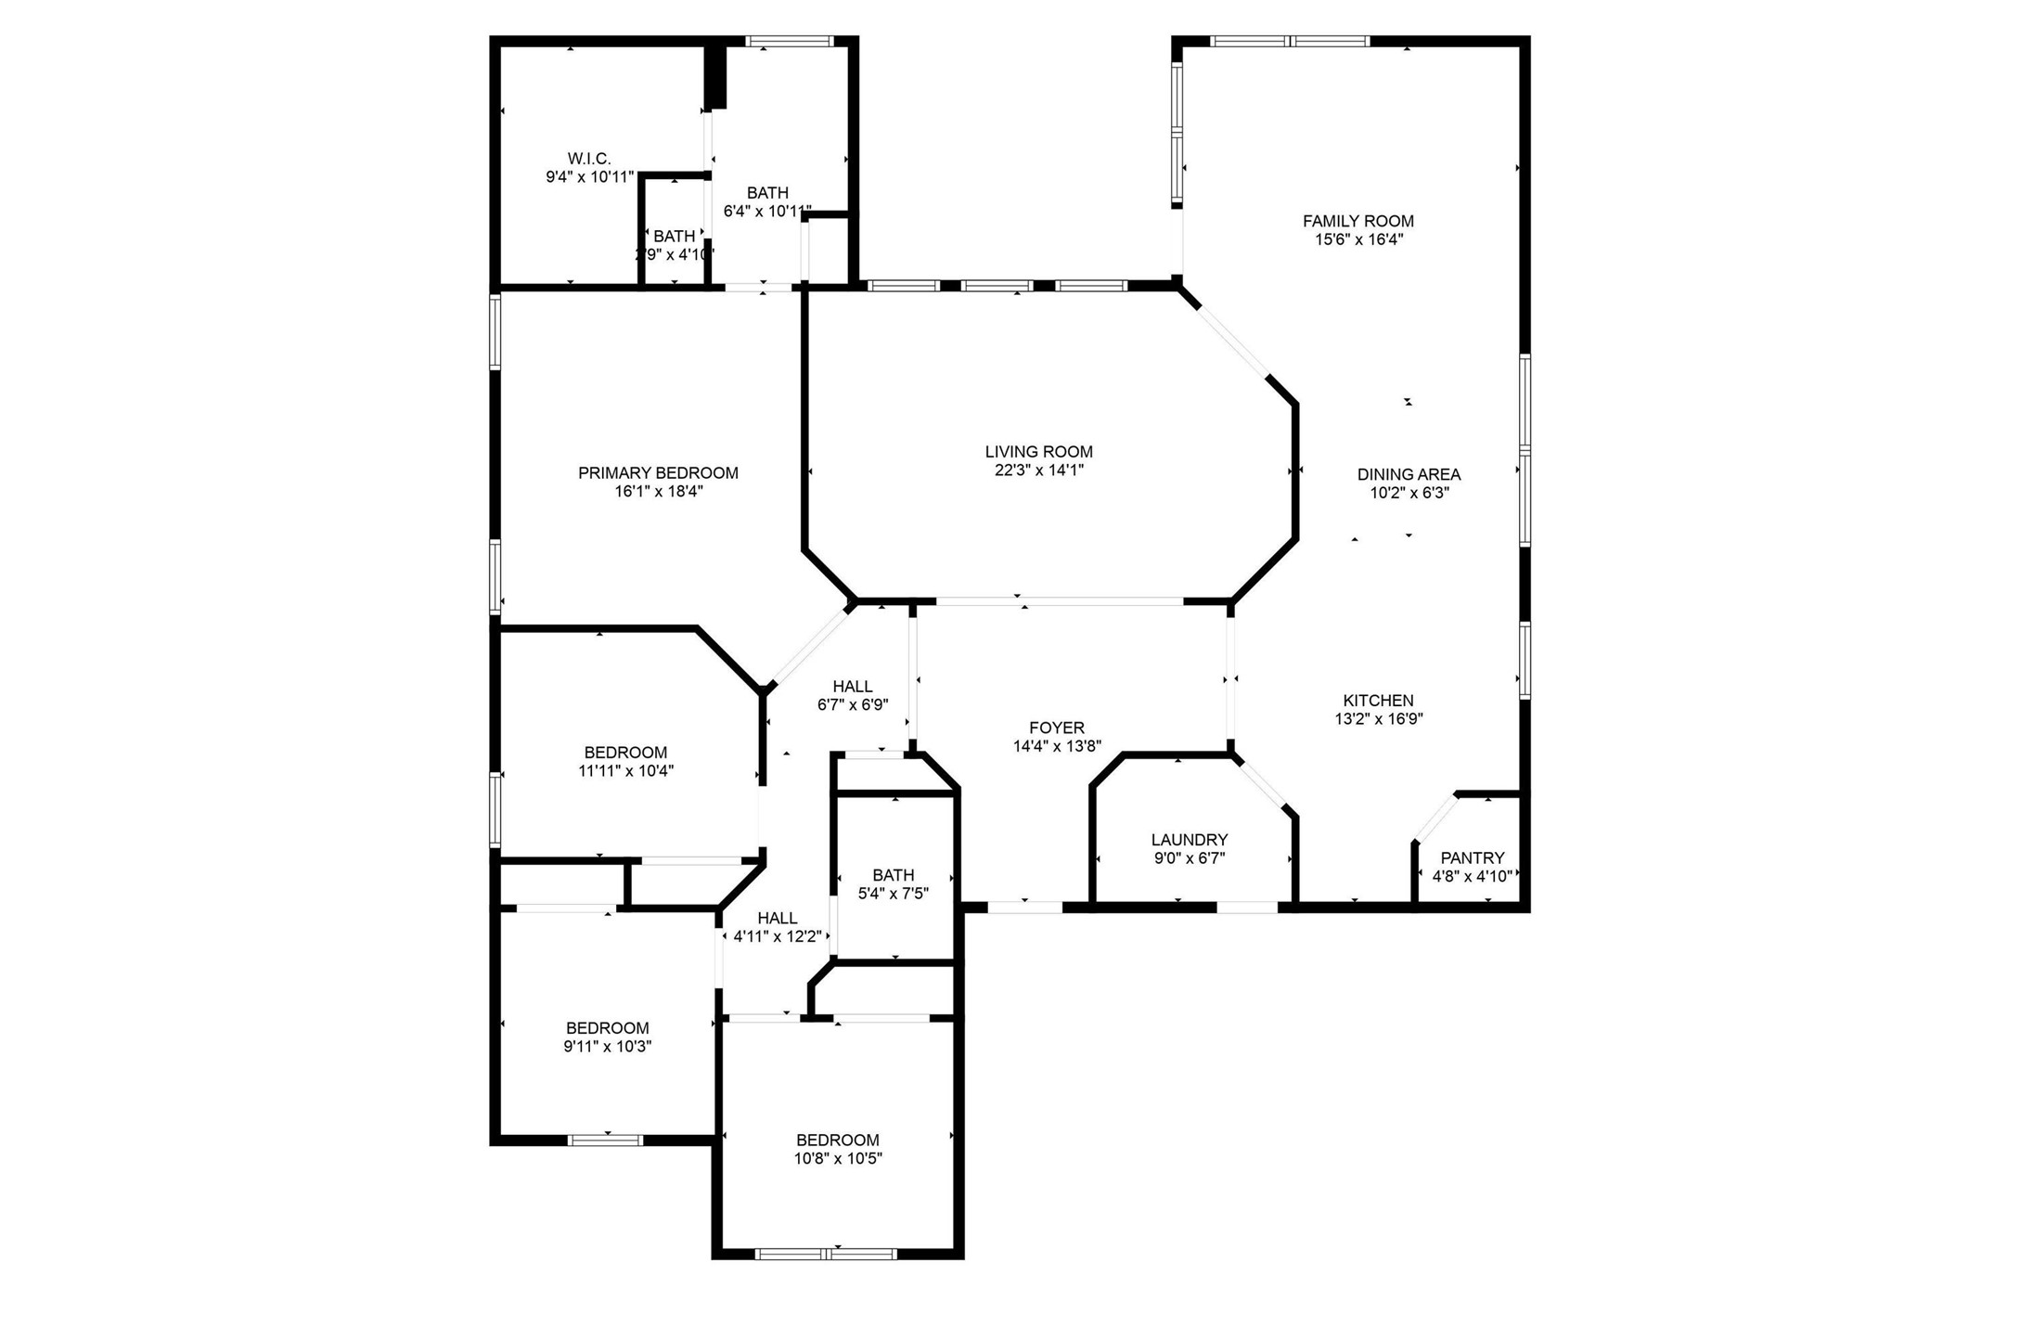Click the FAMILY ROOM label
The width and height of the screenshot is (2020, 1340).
[x=1357, y=221]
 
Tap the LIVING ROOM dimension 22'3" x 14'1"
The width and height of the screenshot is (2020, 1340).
[x=1038, y=470]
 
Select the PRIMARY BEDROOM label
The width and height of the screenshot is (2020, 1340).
[x=658, y=473]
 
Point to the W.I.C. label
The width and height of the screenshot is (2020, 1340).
[x=589, y=159]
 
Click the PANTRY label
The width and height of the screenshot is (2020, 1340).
[x=1472, y=858]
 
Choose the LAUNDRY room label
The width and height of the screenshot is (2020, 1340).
[x=1189, y=840]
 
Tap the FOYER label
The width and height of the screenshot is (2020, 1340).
[x=1056, y=728]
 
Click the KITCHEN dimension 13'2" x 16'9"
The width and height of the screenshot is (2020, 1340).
[x=1378, y=718]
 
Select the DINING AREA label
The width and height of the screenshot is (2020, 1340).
[x=1409, y=474]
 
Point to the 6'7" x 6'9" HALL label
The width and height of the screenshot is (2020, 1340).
[x=852, y=687]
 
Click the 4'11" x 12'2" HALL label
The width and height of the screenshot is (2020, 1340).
[x=777, y=918]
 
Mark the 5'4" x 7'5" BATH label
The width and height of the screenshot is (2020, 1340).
[x=893, y=875]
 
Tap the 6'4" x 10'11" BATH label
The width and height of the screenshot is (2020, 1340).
[x=767, y=193]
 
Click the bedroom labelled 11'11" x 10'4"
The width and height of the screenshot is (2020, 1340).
[x=625, y=753]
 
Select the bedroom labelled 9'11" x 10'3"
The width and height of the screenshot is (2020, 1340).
[x=607, y=1028]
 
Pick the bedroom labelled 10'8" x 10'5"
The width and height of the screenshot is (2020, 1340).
[x=837, y=1140]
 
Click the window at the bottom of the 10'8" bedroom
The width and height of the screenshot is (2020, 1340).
[x=826, y=1254]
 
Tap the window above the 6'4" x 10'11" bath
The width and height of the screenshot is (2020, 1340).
[x=791, y=41]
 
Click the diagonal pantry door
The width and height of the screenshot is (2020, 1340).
[x=1435, y=818]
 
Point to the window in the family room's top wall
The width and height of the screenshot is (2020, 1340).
[x=1290, y=41]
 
